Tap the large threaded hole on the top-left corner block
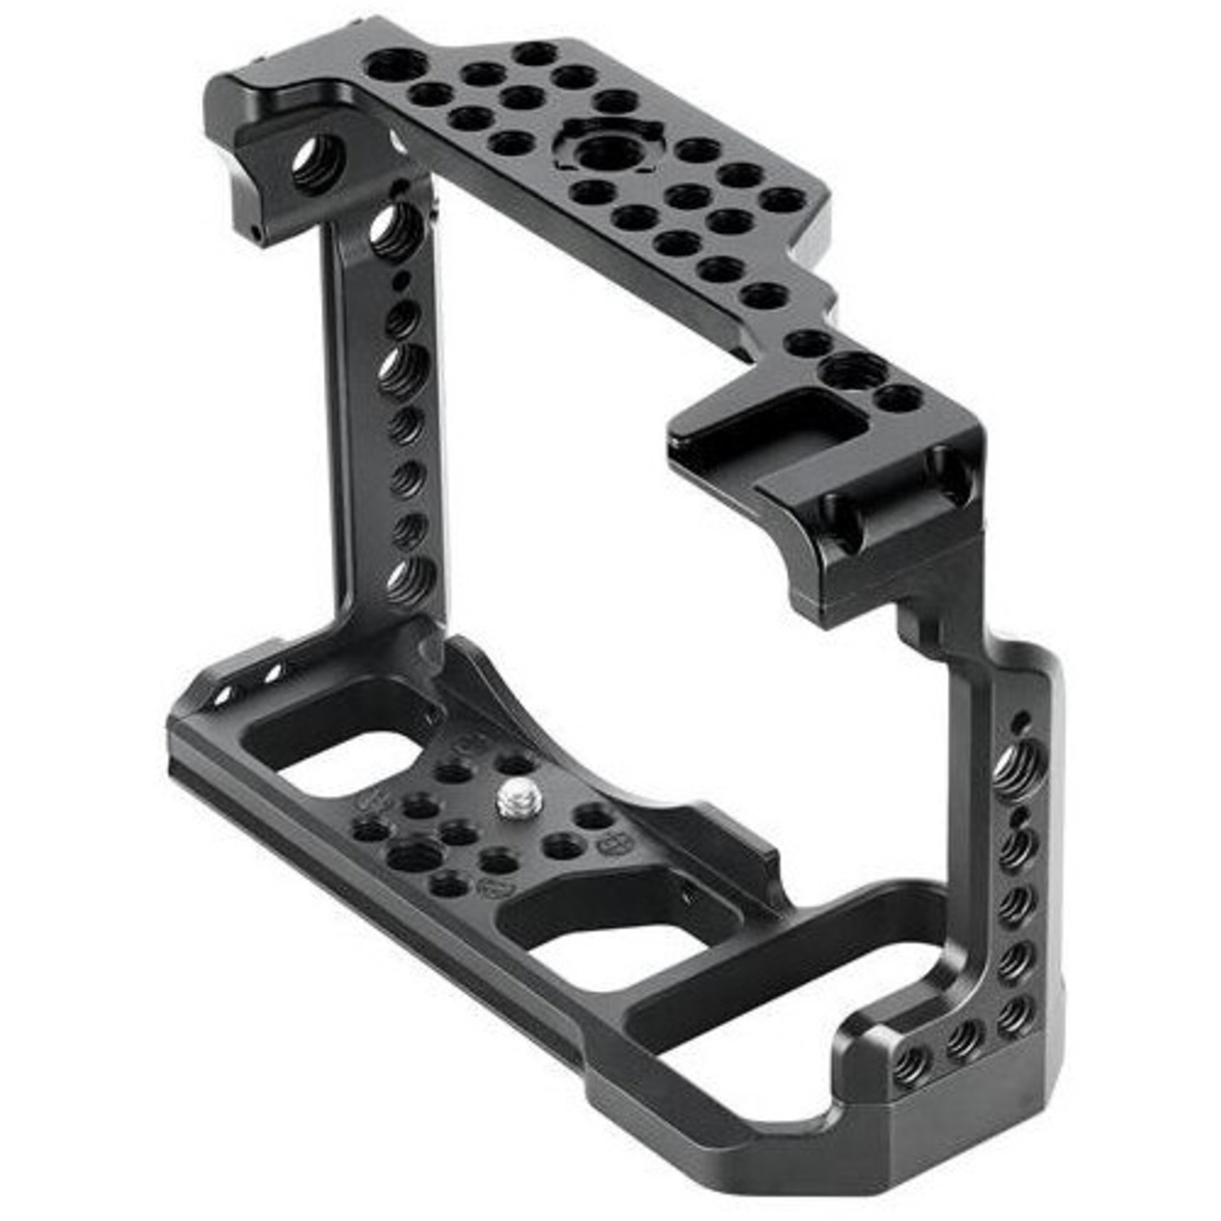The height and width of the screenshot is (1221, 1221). [316, 165]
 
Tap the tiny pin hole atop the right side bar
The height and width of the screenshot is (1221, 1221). [1021, 720]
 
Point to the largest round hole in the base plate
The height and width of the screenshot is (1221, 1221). [414, 855]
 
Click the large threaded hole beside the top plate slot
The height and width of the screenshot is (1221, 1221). [853, 370]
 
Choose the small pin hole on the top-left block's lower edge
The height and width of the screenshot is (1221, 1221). [256, 235]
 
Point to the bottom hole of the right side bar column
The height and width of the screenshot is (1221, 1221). [1013, 1013]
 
